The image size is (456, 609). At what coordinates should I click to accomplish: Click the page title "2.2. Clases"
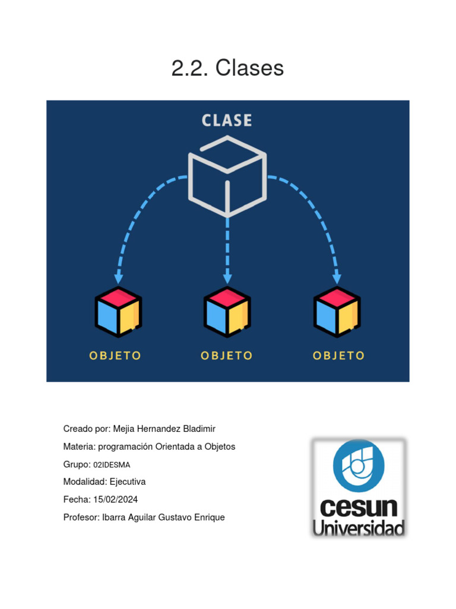coord(227,68)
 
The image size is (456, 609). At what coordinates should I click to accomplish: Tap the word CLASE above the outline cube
coord(227,120)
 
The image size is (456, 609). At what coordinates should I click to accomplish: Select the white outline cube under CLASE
coord(227,176)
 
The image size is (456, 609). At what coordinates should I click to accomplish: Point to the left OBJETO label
coord(115,356)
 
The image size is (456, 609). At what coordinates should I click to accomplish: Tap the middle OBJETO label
coord(227,356)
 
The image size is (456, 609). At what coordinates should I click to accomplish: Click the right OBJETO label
coord(338,356)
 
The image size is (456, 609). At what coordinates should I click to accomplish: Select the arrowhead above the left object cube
coord(119,278)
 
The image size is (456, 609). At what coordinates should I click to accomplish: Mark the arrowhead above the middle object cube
coord(227,278)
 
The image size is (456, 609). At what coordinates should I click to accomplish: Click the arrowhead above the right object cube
coord(337,278)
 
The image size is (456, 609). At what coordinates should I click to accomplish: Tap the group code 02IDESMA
coord(112,464)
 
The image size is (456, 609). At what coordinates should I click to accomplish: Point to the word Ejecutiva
coord(128,482)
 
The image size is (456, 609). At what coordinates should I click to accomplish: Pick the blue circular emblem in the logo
coord(359,466)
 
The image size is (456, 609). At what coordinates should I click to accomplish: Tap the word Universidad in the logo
coord(359,528)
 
